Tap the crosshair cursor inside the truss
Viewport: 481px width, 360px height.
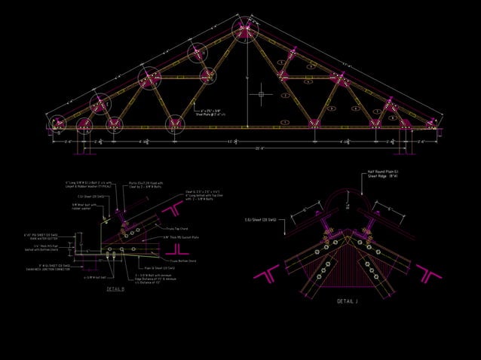coord(262,94)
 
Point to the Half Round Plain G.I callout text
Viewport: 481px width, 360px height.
coord(384,172)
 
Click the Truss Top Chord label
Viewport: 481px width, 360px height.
coord(178,228)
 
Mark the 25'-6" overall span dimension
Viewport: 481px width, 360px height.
coord(240,148)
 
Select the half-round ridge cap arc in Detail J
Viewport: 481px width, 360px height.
coord(348,202)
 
